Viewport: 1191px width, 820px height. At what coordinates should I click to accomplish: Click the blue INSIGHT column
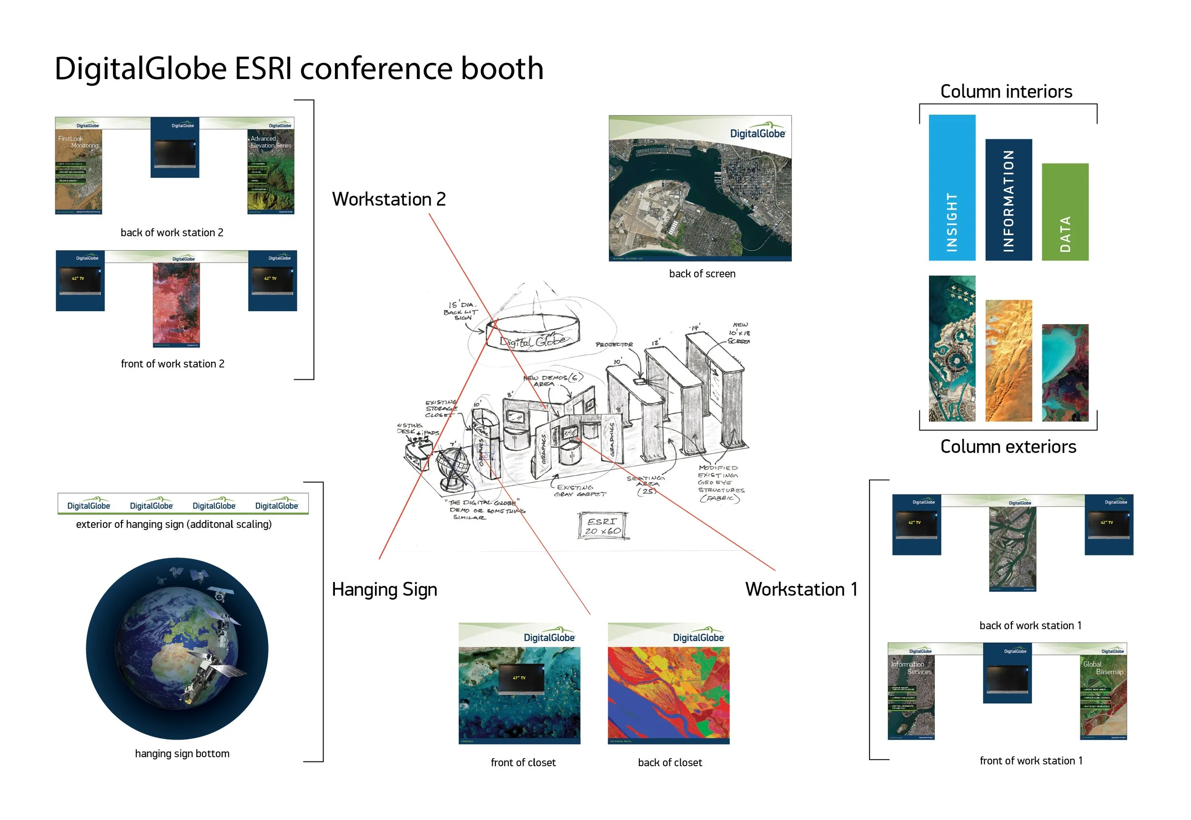(951, 188)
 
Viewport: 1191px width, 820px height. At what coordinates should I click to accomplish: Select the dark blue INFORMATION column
(1008, 199)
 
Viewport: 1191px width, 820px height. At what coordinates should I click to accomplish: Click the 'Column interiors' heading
(1006, 91)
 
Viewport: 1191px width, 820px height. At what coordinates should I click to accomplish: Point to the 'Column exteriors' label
(1008, 446)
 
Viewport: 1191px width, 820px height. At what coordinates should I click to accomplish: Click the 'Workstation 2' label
(389, 199)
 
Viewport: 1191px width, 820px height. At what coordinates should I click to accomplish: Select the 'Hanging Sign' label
(384, 589)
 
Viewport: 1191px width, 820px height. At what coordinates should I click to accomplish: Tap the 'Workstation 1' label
(801, 589)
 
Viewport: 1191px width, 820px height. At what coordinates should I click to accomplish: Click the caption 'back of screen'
(702, 274)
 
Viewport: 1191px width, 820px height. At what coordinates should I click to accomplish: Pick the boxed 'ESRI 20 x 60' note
(603, 526)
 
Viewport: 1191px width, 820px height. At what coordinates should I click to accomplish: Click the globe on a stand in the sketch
(453, 467)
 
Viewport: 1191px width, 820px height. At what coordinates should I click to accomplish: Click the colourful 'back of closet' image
(668, 693)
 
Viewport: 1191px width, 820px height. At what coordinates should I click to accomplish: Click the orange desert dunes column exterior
(1008, 361)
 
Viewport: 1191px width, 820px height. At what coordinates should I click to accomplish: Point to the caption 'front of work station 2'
(172, 364)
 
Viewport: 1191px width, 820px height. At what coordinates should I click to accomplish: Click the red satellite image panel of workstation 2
(176, 305)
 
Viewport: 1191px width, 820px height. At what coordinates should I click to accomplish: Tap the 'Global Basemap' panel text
(1102, 668)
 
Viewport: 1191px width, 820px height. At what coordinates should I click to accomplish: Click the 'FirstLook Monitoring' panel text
(78, 142)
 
